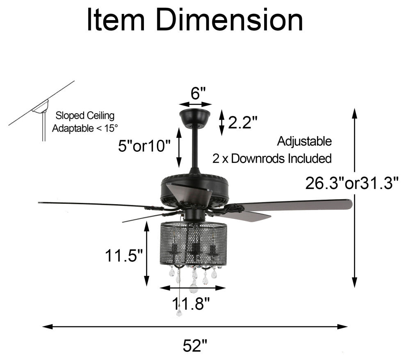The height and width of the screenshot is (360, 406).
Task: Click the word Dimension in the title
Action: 229,20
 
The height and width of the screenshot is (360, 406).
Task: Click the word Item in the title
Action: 116,20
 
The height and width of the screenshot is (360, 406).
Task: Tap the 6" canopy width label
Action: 198,93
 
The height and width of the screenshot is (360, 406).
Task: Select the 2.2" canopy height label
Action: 242,122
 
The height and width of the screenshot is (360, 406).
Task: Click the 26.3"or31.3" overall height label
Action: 351,183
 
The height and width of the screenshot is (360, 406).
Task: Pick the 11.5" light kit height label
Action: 124,256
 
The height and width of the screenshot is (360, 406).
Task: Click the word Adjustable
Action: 304,141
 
